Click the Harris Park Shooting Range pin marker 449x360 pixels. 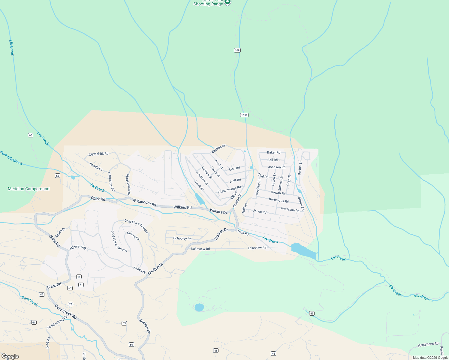228,2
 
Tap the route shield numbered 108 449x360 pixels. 237,50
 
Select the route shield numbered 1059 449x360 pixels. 244,115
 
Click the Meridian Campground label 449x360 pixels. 29,189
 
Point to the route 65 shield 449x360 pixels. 31,135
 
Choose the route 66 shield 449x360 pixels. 58,176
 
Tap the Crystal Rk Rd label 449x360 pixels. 98,154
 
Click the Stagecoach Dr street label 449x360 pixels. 128,184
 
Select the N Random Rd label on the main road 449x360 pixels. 144,202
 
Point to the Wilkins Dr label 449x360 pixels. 218,211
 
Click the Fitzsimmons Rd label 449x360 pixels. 229,189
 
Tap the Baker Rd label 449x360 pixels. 273,152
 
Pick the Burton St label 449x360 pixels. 300,168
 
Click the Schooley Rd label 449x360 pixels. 182,238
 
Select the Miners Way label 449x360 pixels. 78,247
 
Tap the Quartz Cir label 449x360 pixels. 133,236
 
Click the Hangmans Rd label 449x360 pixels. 428,344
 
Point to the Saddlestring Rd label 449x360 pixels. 57,322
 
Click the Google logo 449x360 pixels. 10,356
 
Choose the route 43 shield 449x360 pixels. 42,294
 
